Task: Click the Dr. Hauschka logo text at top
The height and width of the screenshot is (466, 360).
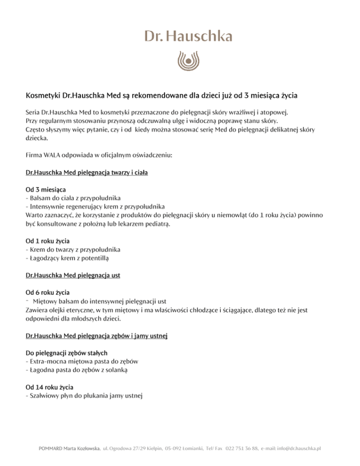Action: (180, 37)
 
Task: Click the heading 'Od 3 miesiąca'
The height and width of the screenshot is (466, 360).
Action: (45, 190)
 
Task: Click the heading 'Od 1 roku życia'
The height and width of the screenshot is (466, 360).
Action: (48, 241)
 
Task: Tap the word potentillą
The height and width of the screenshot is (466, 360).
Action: (97, 258)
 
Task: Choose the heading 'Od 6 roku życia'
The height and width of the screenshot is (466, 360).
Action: (48, 293)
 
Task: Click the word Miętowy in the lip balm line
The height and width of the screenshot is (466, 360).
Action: (45, 301)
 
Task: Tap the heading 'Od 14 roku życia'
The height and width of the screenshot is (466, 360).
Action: (50, 387)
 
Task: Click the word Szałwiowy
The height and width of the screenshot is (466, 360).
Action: (44, 396)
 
